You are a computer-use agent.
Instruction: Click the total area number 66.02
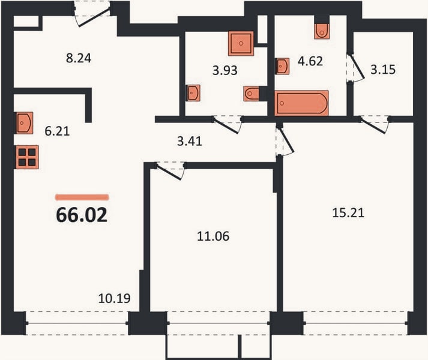click(x=82, y=215)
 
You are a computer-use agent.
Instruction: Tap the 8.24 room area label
click(x=79, y=58)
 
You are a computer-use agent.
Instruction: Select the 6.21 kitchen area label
click(x=57, y=131)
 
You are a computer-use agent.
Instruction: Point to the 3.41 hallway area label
click(x=190, y=142)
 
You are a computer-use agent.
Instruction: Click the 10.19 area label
click(x=115, y=299)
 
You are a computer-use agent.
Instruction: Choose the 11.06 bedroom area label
click(x=213, y=236)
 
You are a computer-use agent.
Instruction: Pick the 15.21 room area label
click(x=348, y=212)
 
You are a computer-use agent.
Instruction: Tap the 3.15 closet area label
click(x=383, y=70)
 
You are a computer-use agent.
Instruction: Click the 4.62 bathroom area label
click(x=310, y=61)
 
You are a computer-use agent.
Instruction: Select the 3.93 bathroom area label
click(x=225, y=70)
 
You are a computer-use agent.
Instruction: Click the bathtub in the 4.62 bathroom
click(x=301, y=103)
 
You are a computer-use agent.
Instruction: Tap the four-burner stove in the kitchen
click(x=27, y=157)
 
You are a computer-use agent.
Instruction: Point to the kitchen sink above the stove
click(x=24, y=123)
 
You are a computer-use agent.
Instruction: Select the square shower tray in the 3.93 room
click(x=241, y=43)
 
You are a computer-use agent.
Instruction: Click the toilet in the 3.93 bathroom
click(x=252, y=94)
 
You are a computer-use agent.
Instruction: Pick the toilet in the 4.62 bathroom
click(x=322, y=31)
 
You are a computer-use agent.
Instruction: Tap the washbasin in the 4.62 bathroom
click(x=282, y=66)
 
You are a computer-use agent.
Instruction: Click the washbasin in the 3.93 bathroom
click(x=193, y=93)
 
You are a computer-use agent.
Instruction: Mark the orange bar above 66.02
click(x=82, y=197)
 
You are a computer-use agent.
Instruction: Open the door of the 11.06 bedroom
click(x=169, y=171)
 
